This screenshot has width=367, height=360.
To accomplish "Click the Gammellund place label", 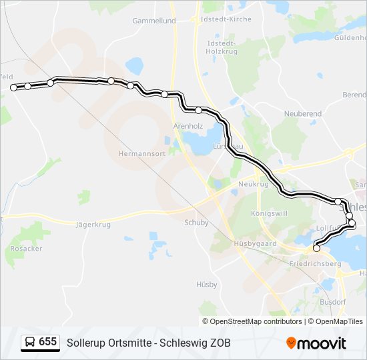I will point(153,21).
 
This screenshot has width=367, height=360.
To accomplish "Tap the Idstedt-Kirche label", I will point(226,19).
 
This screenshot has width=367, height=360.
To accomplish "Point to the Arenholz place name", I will point(188,125).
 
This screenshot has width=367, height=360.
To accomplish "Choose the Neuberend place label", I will point(303,114).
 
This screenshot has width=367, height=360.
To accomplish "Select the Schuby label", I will point(196,224).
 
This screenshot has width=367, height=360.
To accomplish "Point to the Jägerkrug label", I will point(93,224).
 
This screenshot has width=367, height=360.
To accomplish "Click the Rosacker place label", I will point(27,248).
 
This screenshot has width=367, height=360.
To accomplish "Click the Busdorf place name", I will point(333,301).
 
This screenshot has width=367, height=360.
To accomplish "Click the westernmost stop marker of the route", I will point(13,87).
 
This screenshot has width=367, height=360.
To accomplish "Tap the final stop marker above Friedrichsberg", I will point(316,249).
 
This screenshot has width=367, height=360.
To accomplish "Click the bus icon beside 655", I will point(30,342).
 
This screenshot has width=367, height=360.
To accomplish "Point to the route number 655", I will point(48,342).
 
